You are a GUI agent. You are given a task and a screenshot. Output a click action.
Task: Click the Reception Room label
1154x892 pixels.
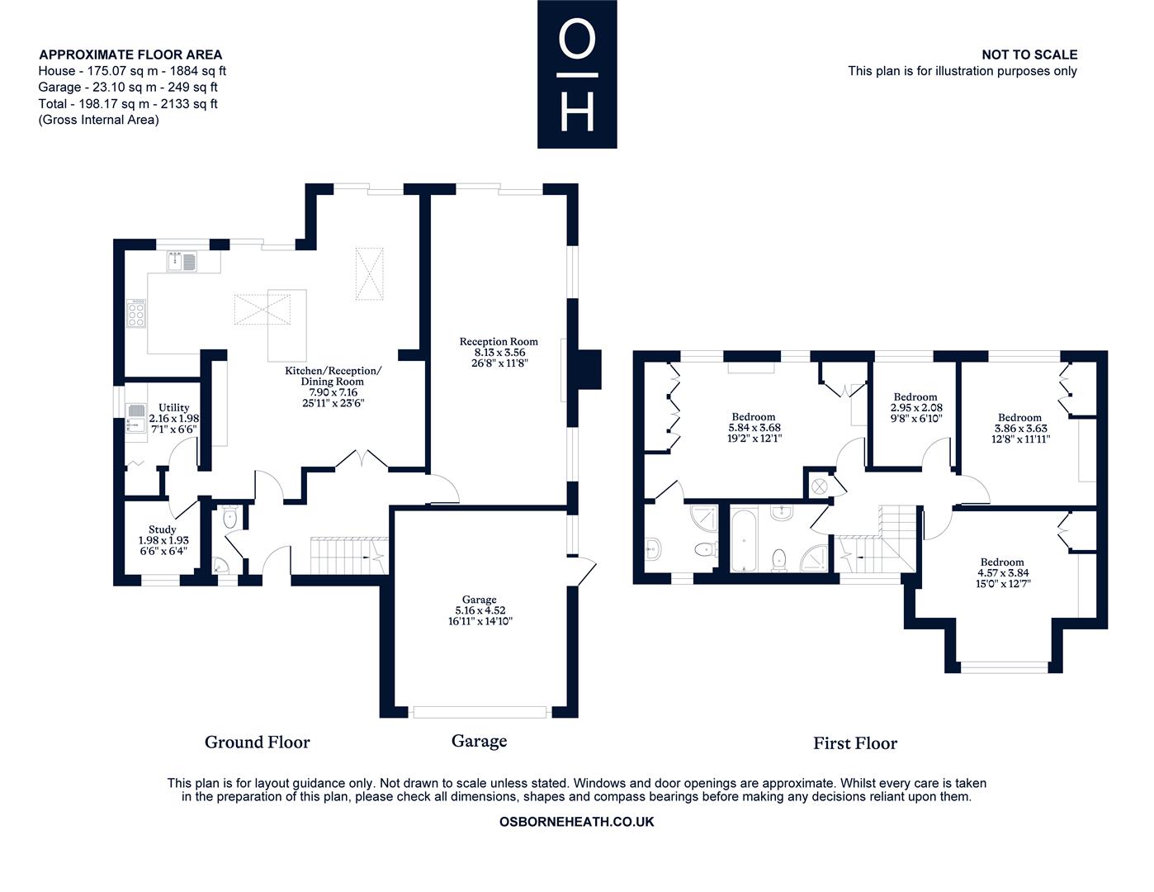(x=499, y=341)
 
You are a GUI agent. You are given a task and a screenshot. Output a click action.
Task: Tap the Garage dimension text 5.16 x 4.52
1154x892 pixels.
(x=479, y=610)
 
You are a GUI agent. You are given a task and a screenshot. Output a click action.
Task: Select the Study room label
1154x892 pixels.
(x=163, y=529)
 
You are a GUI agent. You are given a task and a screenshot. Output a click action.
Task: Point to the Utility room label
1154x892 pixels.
(x=173, y=407)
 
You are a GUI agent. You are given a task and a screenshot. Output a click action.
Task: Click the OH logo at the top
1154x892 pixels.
(x=577, y=74)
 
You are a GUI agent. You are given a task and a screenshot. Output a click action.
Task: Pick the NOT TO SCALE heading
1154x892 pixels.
(x=1029, y=55)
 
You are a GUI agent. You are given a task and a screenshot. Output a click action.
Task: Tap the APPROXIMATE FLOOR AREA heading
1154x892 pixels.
(x=130, y=55)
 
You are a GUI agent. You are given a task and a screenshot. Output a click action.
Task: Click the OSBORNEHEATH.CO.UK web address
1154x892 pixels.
(x=577, y=822)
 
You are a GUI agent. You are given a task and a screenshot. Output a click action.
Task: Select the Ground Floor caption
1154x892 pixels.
(x=257, y=743)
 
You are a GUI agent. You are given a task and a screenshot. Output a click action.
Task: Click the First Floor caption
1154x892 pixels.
(x=854, y=743)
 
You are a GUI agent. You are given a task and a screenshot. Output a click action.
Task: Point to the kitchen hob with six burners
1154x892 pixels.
(x=136, y=315)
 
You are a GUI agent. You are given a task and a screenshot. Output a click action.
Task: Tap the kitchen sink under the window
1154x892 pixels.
(x=181, y=262)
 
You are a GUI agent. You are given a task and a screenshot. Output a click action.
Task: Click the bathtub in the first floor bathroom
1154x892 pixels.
(x=745, y=539)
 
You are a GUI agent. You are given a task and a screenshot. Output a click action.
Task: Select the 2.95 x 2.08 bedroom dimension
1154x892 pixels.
(x=915, y=408)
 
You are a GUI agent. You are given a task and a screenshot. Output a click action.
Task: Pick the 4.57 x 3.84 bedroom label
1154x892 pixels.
(x=1002, y=572)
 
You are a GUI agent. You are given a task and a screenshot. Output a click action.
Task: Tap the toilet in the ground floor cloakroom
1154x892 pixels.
(x=230, y=518)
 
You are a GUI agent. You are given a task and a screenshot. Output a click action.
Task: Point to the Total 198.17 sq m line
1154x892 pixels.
(x=128, y=104)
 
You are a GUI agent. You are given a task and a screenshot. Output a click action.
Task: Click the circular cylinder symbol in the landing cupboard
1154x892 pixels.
(x=821, y=486)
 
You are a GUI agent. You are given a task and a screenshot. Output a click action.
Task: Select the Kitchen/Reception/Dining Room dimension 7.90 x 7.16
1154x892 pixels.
(x=333, y=392)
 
